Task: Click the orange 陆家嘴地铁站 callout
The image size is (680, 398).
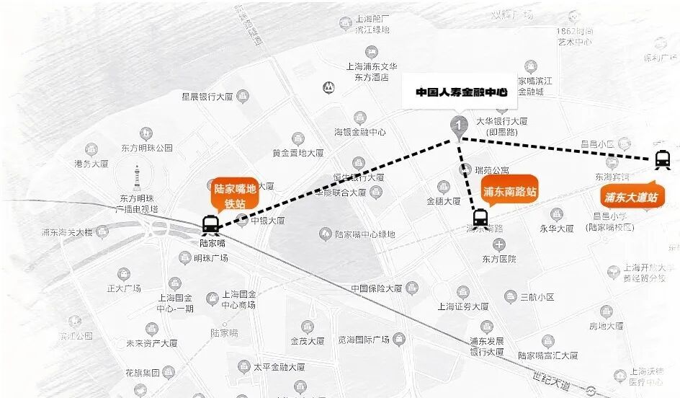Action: click(235, 195)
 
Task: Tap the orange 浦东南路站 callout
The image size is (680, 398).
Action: click(509, 192)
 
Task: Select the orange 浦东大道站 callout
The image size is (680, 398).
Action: click(631, 197)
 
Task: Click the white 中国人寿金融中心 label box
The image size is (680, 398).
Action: click(461, 93)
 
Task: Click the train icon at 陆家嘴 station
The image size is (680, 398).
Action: click(211, 224)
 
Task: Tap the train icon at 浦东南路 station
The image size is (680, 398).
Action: click(480, 217)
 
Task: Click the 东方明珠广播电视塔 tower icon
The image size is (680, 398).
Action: click(136, 179)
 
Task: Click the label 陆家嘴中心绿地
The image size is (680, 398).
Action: click(365, 234)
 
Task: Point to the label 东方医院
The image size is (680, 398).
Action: click(499, 259)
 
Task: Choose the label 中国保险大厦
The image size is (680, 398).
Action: click(376, 288)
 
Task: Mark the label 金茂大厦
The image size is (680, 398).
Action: click(308, 341)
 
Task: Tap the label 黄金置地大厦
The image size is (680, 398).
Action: click(297, 153)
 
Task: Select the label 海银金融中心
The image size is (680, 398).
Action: click(359, 132)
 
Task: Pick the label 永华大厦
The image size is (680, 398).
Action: click(556, 228)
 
